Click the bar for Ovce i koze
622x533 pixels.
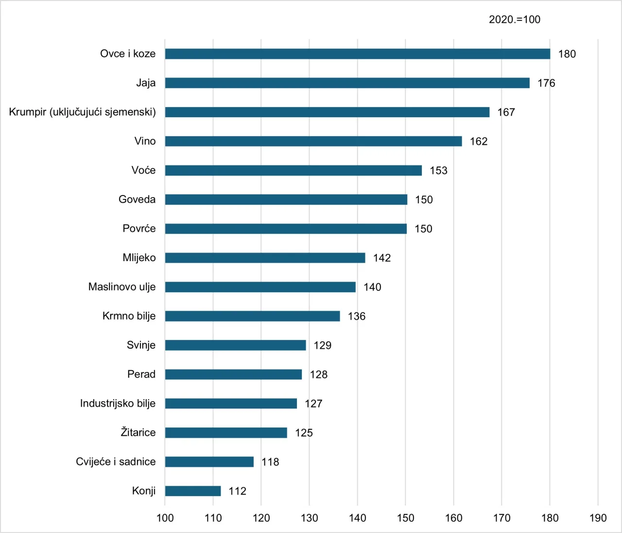357,54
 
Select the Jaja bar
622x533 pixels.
347,83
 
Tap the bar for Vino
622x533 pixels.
313,142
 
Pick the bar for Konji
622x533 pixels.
193,491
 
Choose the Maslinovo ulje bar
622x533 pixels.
260,287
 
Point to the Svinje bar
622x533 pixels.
236,345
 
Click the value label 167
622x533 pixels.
506,112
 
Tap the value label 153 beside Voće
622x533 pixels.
438,171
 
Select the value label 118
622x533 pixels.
270,462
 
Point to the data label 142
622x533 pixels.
382,258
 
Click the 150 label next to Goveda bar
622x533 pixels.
424,200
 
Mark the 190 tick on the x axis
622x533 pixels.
598,518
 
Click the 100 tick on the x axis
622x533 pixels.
165,518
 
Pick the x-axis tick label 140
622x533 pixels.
358,518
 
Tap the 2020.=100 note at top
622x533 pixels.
514,19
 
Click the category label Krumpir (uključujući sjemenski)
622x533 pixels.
83,112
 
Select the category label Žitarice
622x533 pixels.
138,432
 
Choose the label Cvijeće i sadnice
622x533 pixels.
116,462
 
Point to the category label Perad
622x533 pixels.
141,374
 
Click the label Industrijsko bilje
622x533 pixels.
118,403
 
